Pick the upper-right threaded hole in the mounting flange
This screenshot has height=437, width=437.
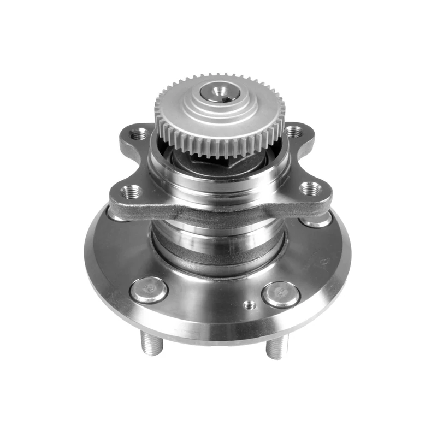293,132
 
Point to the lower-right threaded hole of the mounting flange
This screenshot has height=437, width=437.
310,188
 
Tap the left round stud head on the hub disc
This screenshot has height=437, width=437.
149,290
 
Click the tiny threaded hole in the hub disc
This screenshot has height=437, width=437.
249,304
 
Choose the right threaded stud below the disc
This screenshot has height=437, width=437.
277,346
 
